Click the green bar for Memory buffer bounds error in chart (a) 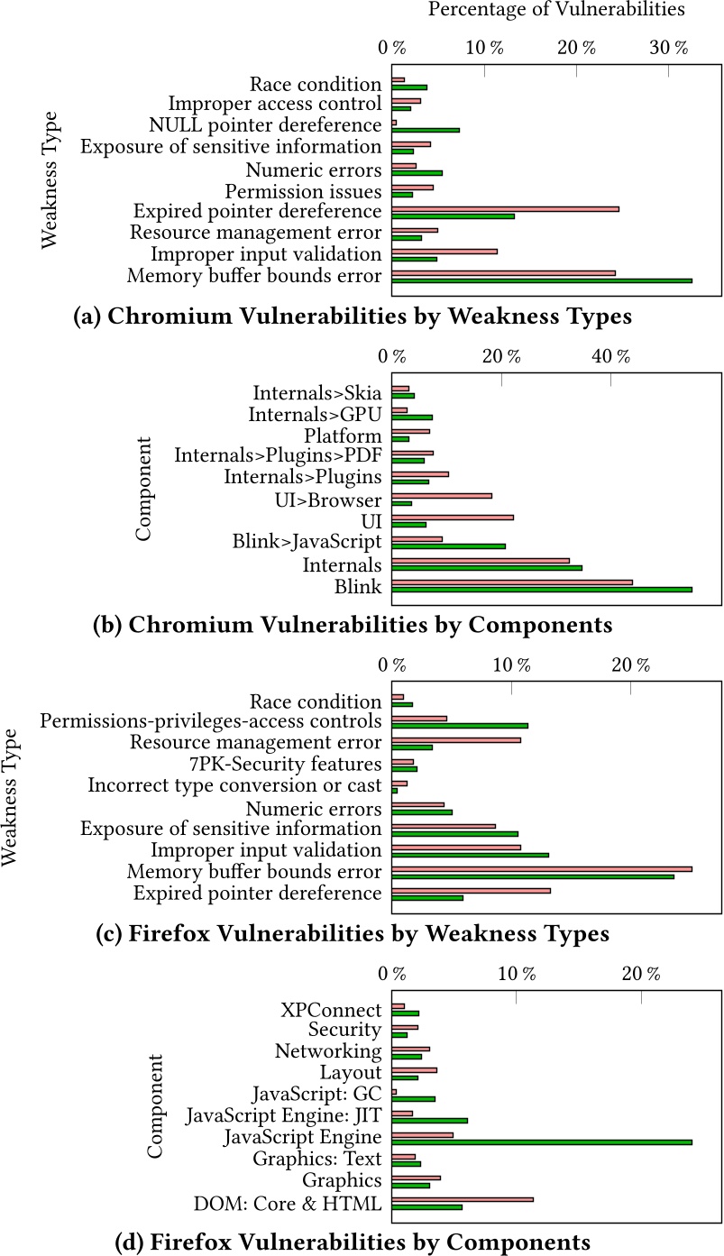[542, 280]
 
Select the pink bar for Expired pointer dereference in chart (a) [505, 209]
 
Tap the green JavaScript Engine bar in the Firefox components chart [542, 1141]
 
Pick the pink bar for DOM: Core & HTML [463, 1199]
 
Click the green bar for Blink [542, 590]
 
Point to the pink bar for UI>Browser [442, 496]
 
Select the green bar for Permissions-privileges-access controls [460, 725]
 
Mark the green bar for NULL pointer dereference [426, 131]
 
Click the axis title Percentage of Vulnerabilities [556, 10]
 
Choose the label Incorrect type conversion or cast [235, 785]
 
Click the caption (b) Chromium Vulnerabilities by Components [353, 625]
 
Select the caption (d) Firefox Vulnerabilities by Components [353, 1242]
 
